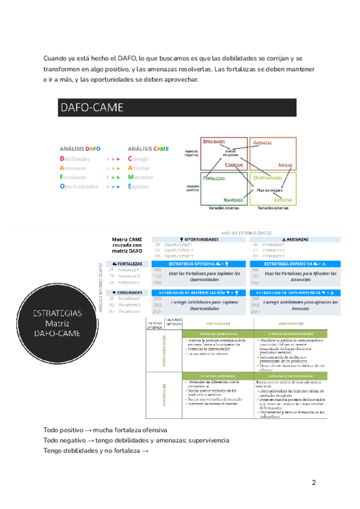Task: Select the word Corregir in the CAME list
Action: click(139, 159)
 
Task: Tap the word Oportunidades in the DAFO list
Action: click(79, 187)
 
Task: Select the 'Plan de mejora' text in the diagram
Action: click(269, 190)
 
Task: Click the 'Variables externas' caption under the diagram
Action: click(274, 208)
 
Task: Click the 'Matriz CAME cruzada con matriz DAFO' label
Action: click(127, 245)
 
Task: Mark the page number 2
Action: click(313, 483)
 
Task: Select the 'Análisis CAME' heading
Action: click(148, 148)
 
